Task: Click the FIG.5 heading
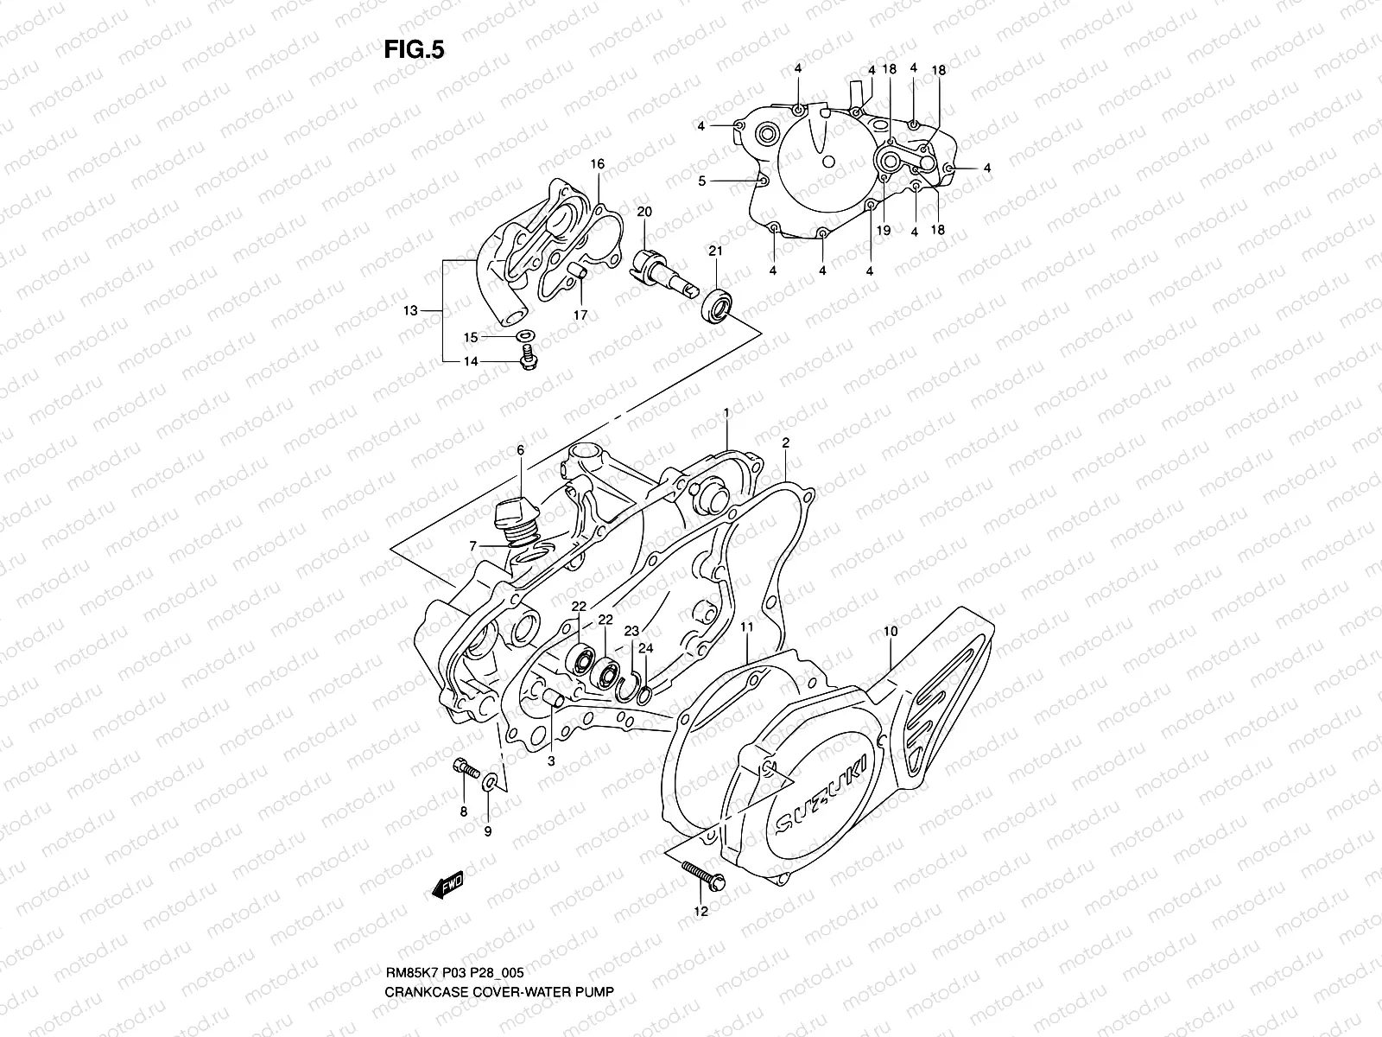pos(414,51)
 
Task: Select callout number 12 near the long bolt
pos(701,911)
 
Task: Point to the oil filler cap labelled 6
pos(512,517)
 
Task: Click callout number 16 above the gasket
pos(597,164)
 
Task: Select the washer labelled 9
pos(490,782)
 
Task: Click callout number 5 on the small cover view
pos(702,181)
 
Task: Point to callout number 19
pos(883,231)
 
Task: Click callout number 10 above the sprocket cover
pos(891,632)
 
